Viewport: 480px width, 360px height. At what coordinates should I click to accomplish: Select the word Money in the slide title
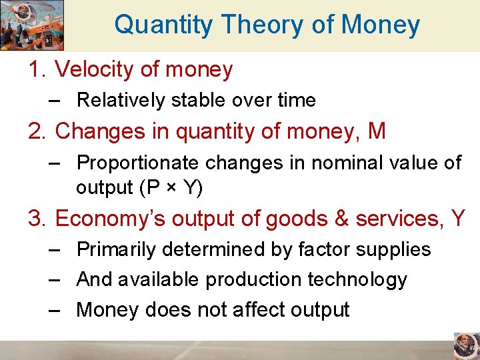[x=381, y=25]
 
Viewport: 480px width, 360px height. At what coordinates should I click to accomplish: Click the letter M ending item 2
[x=377, y=131]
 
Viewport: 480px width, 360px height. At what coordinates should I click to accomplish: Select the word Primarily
[x=117, y=249]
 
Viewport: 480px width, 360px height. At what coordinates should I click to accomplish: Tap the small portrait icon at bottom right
[x=465, y=346]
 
